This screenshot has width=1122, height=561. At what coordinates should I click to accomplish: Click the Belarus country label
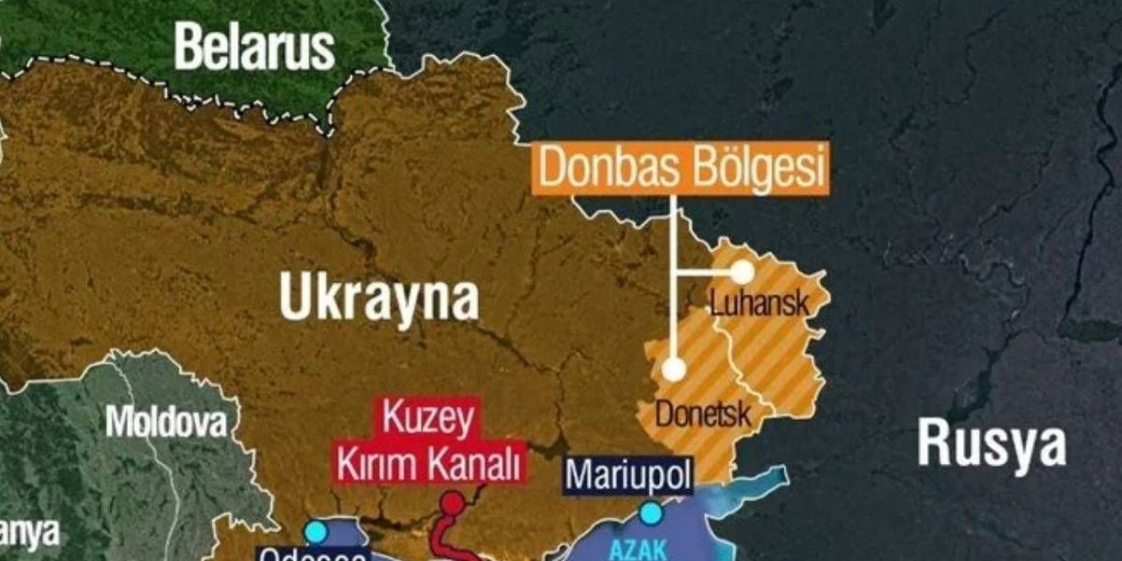(x=254, y=47)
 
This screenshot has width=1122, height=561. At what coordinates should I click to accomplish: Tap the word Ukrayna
(x=379, y=299)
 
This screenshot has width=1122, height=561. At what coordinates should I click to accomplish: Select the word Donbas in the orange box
(x=604, y=167)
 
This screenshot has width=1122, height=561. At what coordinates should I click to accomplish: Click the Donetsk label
(x=703, y=413)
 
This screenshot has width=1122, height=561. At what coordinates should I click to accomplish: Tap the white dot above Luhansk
(x=742, y=272)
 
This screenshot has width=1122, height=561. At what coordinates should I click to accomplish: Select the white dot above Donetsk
(x=673, y=369)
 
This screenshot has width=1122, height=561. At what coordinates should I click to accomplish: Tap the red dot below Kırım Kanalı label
(x=452, y=503)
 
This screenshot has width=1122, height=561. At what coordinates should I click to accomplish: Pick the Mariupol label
(x=628, y=474)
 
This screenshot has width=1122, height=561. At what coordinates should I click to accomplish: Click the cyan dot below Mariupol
(x=650, y=513)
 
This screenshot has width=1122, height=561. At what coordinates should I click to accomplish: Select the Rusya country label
(x=991, y=444)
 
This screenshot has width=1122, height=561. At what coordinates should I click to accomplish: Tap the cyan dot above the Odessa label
(x=316, y=531)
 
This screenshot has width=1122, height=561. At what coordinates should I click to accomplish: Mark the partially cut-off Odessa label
(x=312, y=555)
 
